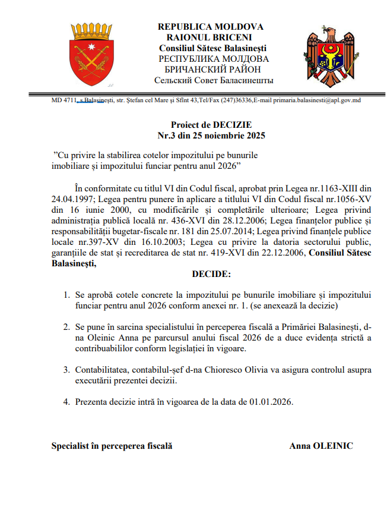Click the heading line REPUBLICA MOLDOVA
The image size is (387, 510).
pyautogui.click(x=211, y=27)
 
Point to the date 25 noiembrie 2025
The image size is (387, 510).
pyautogui.click(x=226, y=136)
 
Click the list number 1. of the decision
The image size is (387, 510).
pyautogui.click(x=66, y=295)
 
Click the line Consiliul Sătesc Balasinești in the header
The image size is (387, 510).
pyautogui.click(x=212, y=48)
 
